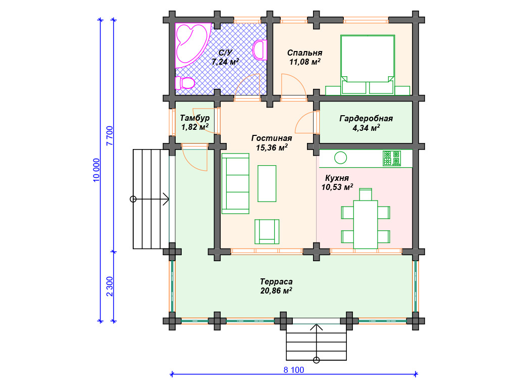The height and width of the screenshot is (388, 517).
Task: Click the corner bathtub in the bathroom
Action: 191,44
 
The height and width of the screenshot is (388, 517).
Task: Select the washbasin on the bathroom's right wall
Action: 260,50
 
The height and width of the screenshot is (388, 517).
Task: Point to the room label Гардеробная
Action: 366,118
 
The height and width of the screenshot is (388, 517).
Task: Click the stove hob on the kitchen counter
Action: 392,158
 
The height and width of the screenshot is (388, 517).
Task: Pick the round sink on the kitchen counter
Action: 341,158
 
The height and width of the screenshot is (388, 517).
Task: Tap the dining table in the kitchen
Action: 366,224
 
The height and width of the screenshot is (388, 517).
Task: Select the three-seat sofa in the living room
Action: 235,183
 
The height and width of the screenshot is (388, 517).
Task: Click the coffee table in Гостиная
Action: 267,183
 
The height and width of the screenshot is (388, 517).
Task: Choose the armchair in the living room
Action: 267,231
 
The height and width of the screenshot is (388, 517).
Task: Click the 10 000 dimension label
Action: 96,170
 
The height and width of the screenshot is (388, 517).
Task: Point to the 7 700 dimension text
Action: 110,135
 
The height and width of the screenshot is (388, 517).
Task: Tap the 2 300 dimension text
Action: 110,286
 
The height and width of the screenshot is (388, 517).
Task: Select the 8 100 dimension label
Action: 294,370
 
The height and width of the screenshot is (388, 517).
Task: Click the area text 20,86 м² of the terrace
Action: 276,290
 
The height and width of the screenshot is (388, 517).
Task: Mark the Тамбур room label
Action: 194,118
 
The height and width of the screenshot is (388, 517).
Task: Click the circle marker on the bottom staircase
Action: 316,360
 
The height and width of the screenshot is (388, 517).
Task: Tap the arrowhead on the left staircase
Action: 166,199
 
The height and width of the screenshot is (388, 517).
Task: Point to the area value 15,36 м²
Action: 272,148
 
